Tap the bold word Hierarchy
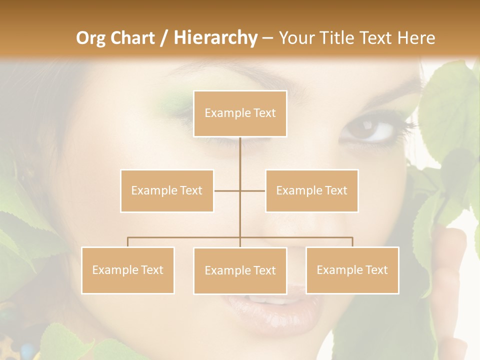click(215, 38)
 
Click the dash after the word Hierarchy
click(267, 38)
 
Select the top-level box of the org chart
click(240, 113)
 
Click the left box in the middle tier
click(167, 190)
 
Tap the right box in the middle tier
click(311, 190)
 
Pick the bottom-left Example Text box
click(127, 270)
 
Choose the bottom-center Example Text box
click(240, 270)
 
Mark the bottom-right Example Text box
click(352, 270)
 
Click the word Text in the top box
click(264, 113)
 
